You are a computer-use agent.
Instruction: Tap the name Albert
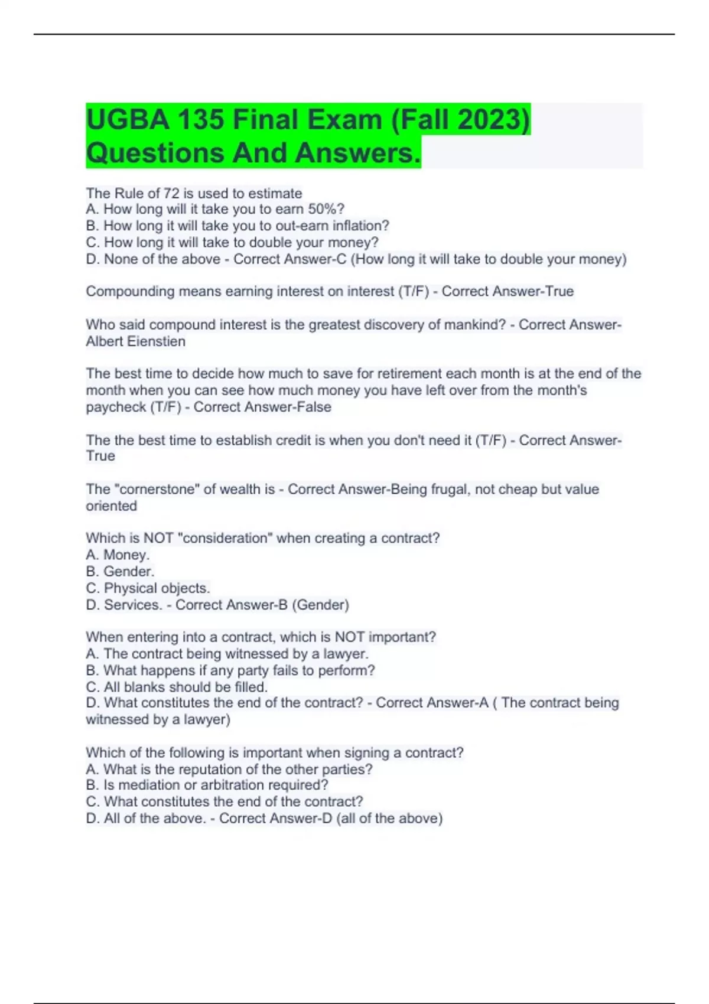tap(105, 341)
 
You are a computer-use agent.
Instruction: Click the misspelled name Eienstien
tap(156, 341)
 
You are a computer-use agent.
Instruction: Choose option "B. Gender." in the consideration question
tap(120, 571)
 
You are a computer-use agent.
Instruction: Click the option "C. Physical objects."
tap(148, 588)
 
